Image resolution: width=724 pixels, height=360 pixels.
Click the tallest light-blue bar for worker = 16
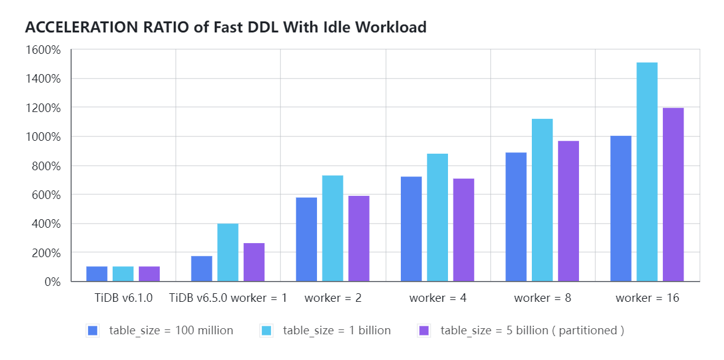click(x=647, y=172)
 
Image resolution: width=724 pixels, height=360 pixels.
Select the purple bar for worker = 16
click(x=673, y=195)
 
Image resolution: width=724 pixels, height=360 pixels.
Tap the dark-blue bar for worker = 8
click(x=516, y=217)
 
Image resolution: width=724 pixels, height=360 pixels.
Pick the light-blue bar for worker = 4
click(x=437, y=217)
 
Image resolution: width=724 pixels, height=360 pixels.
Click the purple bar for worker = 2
click(x=359, y=239)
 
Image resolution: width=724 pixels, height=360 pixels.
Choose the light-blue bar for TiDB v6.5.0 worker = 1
click(x=228, y=252)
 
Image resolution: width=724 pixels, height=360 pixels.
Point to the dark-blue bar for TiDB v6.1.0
click(x=97, y=274)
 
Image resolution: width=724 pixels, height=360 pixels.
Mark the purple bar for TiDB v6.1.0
click(x=149, y=274)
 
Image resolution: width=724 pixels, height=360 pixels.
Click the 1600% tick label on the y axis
click(x=43, y=50)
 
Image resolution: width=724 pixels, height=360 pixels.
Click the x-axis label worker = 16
click(x=647, y=298)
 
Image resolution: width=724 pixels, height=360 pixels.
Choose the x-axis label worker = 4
click(x=438, y=298)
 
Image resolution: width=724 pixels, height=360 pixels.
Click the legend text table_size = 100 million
click(x=171, y=331)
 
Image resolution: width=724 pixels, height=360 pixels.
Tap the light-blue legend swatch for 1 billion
click(x=266, y=331)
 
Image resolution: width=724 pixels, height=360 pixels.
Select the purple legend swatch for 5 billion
click(x=424, y=331)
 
